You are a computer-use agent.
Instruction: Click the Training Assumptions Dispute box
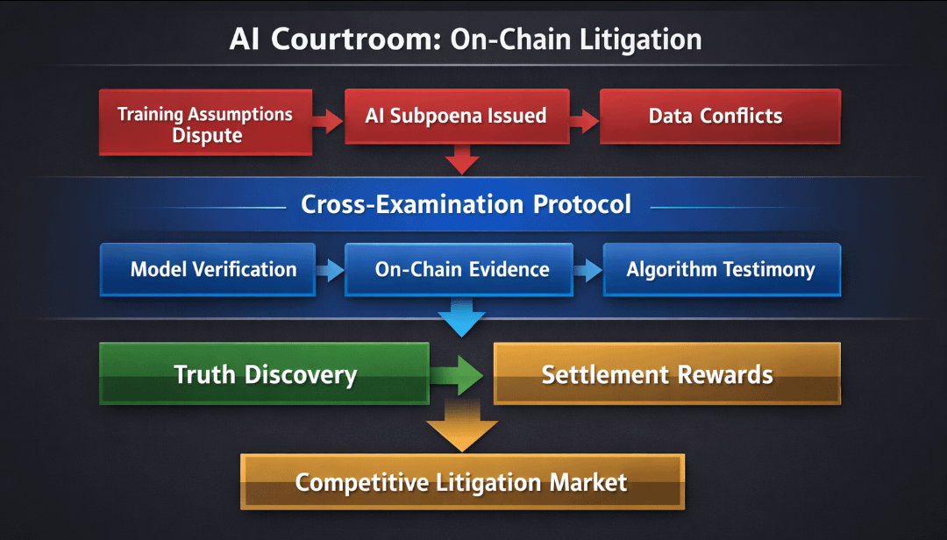pos(205,123)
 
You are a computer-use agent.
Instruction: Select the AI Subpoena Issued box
pos(455,116)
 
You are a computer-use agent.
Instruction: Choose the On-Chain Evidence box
pos(461,269)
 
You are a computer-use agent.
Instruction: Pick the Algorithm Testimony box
pos(721,269)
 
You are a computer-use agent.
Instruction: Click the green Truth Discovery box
pos(264,374)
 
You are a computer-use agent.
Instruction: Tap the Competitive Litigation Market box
pos(461,481)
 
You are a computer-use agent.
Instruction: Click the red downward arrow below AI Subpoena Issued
pos(461,160)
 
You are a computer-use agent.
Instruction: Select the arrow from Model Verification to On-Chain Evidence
pos(330,270)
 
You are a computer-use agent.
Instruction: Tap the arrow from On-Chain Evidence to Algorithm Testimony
pos(587,270)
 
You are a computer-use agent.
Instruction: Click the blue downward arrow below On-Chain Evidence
pos(461,317)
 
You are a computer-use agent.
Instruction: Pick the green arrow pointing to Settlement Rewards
pos(461,375)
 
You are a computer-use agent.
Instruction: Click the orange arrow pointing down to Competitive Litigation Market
pos(461,429)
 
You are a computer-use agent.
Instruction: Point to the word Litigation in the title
pos(632,40)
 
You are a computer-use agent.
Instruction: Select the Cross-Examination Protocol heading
pos(466,204)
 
